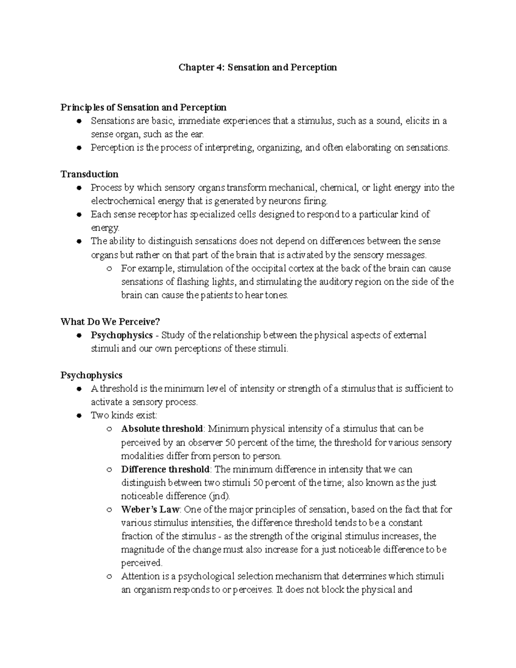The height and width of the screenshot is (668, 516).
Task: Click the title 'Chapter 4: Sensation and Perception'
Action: click(258, 68)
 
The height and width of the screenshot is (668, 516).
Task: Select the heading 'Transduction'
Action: click(89, 174)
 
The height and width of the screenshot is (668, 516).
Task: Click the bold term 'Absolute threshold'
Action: click(162, 429)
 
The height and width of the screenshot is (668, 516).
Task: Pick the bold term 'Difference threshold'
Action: click(165, 469)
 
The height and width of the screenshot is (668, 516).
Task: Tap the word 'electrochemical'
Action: click(119, 201)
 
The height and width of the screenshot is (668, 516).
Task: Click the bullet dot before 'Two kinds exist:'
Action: click(79, 416)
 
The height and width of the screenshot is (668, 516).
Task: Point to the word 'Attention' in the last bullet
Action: click(138, 576)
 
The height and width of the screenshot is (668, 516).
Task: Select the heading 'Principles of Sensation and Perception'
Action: click(143, 107)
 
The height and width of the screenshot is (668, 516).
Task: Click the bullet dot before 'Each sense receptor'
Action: click(79, 214)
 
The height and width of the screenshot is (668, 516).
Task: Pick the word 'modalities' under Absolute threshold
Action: click(142, 456)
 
